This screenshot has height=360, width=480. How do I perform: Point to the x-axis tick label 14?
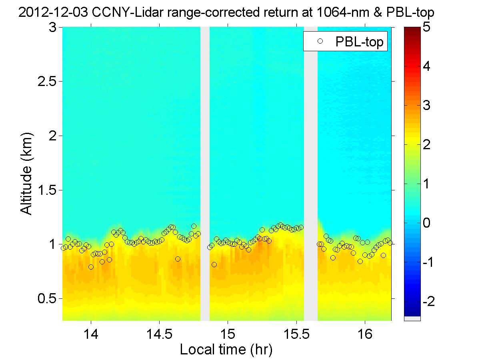(91, 334)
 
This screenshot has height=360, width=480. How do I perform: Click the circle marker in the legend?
(319, 41)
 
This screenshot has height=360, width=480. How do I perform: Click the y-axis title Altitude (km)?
(27, 174)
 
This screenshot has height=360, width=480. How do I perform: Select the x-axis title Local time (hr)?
(226, 350)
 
